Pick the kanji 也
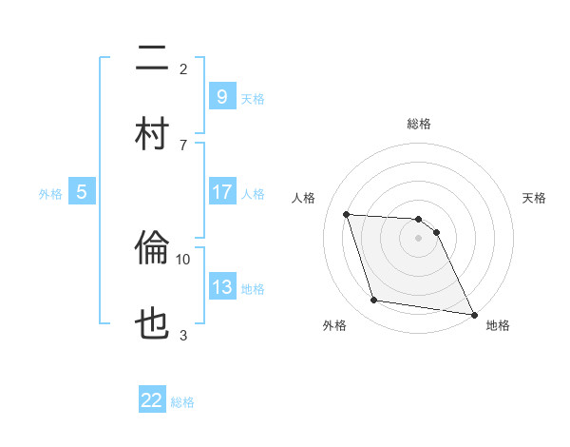(x=152, y=323)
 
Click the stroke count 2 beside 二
(x=183, y=68)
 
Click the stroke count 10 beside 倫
(x=183, y=259)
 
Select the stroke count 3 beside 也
(x=183, y=334)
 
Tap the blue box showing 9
(x=221, y=97)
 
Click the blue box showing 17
(x=221, y=192)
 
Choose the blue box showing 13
(x=221, y=287)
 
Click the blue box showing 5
(x=82, y=192)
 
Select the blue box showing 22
(x=152, y=400)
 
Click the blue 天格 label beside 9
(x=253, y=98)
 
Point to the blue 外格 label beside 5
(x=50, y=193)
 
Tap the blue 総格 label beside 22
(x=182, y=401)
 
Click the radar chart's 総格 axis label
(x=419, y=124)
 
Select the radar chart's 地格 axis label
(x=498, y=326)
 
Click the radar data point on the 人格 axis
(x=347, y=214)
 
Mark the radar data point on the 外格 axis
(x=374, y=301)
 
